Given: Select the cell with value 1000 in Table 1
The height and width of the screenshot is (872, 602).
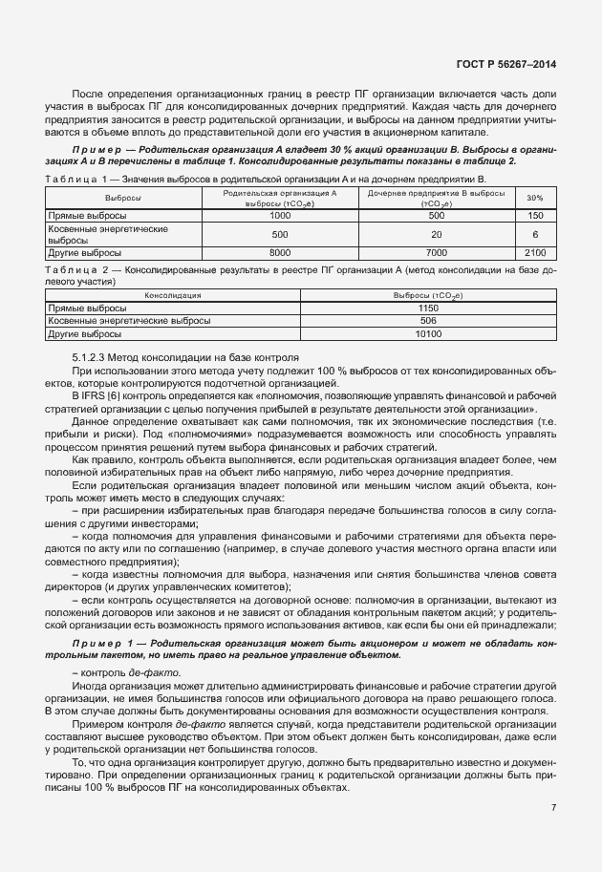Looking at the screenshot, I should (279, 216).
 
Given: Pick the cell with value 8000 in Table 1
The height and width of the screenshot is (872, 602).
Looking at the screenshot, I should (279, 252).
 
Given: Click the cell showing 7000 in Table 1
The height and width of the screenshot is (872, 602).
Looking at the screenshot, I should (436, 252).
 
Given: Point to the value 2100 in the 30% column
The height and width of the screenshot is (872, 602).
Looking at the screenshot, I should (535, 252).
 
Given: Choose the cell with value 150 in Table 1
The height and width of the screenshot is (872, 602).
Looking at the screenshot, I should (535, 216).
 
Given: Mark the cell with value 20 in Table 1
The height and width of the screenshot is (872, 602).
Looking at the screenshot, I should (436, 234).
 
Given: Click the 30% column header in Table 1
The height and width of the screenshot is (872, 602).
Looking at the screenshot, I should (535, 198).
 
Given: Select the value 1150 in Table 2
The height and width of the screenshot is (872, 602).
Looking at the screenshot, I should (427, 309).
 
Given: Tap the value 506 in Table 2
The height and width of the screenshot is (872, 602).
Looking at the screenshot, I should (427, 322).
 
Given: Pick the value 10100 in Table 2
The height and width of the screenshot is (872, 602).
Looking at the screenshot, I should (427, 334).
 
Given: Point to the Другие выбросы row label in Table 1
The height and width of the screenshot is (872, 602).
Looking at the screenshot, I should (85, 252).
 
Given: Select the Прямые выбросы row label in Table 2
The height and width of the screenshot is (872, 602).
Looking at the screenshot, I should (87, 309).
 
